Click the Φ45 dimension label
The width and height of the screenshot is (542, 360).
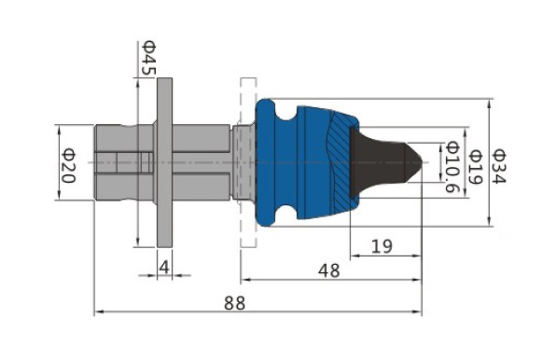pos(149,58)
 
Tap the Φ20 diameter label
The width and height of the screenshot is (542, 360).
pos(68,165)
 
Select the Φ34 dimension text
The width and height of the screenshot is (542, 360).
pos(499,166)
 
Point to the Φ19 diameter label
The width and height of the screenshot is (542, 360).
pos(475,167)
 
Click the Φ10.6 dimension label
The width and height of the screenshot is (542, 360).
pos(452,167)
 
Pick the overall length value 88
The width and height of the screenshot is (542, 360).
pos(235,303)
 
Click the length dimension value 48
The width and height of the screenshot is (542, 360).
pos(328,270)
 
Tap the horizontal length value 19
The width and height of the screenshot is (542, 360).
pos(382,246)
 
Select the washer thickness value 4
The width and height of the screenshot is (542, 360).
pos(164,267)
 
